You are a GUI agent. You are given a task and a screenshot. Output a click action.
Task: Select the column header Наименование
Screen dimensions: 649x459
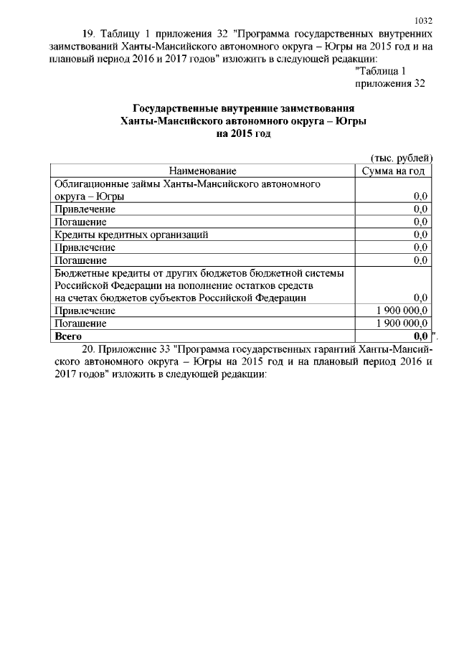point(203,171)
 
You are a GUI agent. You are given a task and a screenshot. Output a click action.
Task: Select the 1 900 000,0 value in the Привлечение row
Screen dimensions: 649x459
point(402,311)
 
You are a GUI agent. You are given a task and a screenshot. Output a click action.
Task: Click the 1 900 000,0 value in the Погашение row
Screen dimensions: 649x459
point(402,323)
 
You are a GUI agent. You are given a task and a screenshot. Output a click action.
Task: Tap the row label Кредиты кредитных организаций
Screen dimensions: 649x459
point(132,235)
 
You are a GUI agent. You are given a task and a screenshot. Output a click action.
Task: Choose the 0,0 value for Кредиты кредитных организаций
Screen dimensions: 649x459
point(421,235)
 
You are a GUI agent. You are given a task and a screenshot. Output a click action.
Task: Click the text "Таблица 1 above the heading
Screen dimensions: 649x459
point(381,71)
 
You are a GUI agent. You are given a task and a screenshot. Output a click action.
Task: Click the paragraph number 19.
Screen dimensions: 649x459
point(89,34)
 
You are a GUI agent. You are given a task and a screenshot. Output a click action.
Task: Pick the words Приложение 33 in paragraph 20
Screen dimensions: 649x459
point(133,349)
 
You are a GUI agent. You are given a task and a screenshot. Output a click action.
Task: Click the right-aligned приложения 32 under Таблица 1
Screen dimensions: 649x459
point(386,84)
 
